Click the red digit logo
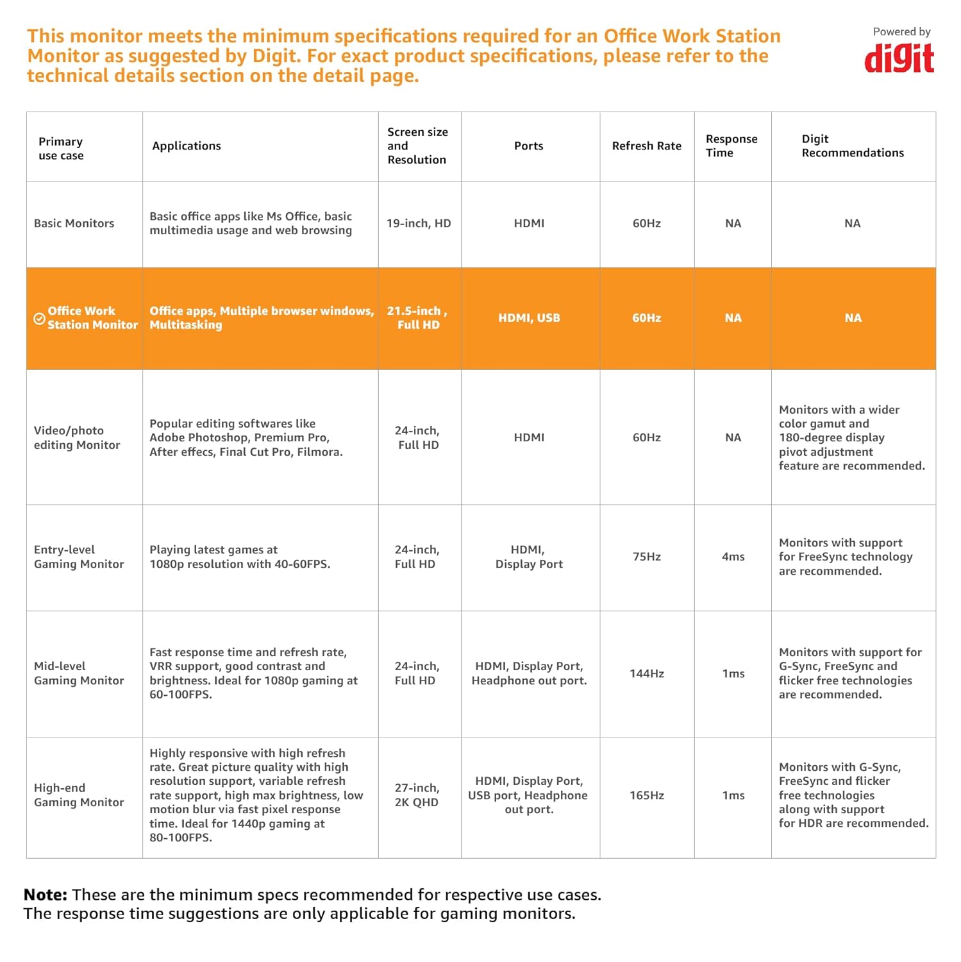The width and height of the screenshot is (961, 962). point(899,58)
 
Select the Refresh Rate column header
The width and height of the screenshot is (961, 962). point(646,146)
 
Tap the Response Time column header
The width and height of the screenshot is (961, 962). point(731,146)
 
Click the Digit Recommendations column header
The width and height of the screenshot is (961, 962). point(852,146)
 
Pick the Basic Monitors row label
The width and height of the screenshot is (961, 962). point(74,223)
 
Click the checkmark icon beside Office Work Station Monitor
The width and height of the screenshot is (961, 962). point(39,319)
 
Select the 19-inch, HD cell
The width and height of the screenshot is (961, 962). point(419,223)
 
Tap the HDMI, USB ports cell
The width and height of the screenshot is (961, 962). point(529,318)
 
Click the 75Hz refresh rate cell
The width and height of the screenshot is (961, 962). point(646,557)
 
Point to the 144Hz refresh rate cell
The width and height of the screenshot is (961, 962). point(646,673)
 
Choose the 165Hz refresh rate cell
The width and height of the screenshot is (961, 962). point(646,795)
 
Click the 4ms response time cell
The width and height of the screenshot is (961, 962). point(733,557)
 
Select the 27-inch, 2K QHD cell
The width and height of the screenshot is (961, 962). point(417,795)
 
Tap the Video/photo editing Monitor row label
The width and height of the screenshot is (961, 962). point(76,437)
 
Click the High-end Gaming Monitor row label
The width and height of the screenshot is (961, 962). point(78,795)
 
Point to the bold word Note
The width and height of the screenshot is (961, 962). point(45,895)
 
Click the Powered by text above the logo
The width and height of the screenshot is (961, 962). point(901,32)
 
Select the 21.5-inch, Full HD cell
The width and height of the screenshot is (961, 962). point(417,318)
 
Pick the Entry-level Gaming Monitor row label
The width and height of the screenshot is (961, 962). point(78,557)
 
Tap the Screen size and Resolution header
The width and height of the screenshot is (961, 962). point(417,146)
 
